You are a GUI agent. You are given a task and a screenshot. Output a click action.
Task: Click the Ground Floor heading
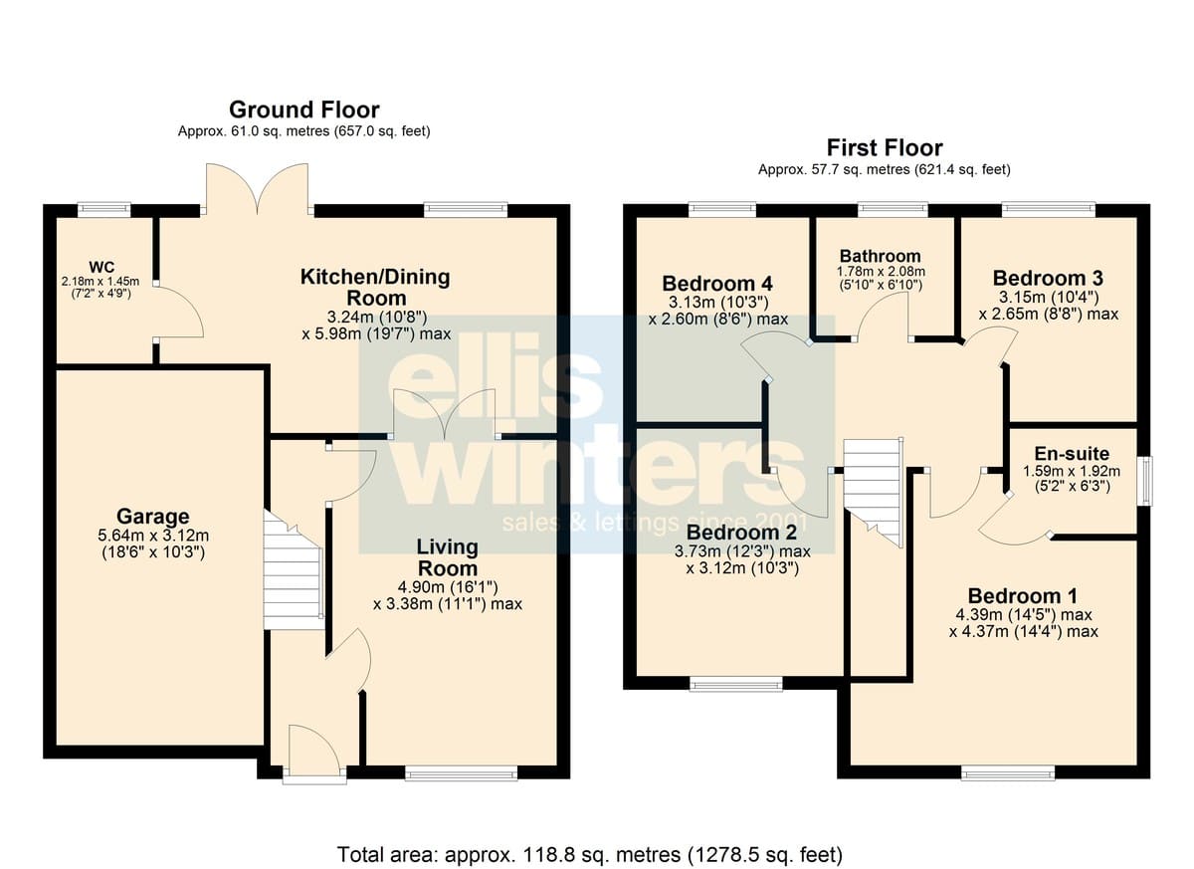pos(303,109)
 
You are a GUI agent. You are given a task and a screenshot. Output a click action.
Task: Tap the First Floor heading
pos(885,147)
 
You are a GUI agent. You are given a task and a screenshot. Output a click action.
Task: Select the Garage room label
pos(153,516)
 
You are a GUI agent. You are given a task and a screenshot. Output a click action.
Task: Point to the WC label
pos(101,267)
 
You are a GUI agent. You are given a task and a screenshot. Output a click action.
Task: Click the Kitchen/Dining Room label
pos(375,288)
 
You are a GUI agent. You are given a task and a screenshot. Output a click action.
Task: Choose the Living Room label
pos(447,557)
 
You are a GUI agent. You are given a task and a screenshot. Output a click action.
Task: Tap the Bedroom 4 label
pos(717,283)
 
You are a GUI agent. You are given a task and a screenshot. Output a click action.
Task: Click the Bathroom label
pos(880,256)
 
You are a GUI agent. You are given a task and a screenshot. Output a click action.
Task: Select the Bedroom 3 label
pos(1048,278)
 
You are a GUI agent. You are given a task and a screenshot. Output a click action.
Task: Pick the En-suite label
pos(1072,454)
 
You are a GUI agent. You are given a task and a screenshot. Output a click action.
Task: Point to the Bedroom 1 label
pos(1023,595)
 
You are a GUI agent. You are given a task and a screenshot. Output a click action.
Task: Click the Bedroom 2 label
pos(741,533)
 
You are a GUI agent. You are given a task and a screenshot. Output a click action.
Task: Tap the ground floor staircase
pos(294,570)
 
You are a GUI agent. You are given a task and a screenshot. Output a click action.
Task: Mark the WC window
pos(103,209)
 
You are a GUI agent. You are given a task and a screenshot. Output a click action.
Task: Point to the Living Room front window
pos(461,772)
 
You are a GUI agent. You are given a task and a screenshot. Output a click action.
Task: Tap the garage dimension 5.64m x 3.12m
pos(153,535)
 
